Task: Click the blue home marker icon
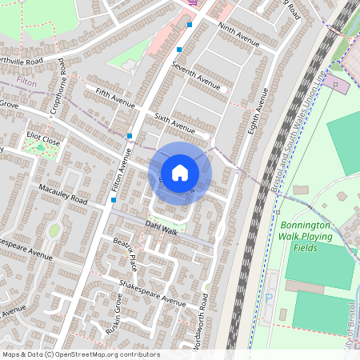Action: (180, 172)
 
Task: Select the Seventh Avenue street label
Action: (196, 78)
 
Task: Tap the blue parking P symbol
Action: (269, 296)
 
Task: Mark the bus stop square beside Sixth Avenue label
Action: (130, 136)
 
